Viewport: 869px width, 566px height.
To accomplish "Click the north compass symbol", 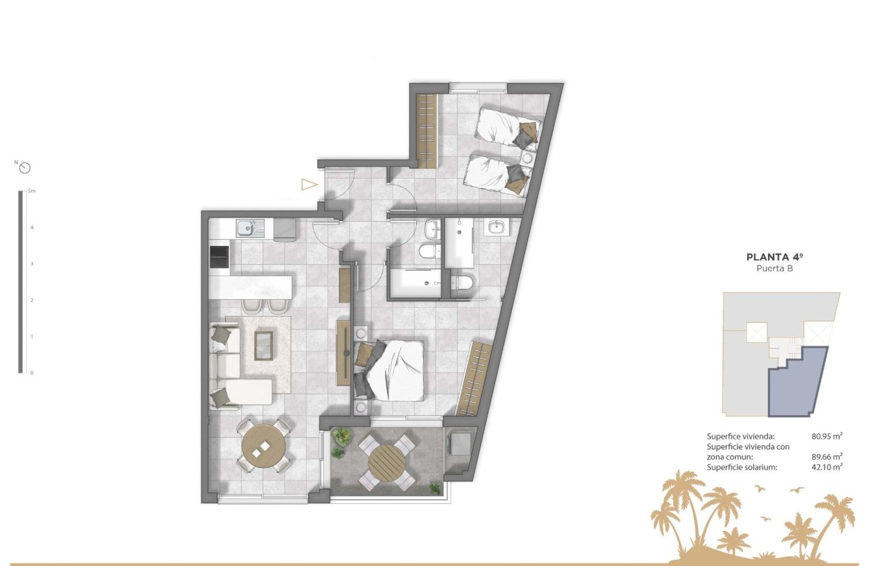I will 26,168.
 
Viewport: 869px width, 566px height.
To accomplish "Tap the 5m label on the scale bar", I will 32,192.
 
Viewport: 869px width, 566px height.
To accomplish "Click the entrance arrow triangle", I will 309,184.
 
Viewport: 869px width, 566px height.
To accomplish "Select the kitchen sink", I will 245,228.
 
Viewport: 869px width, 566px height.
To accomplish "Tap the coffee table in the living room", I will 264,345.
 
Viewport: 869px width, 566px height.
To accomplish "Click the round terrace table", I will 387,462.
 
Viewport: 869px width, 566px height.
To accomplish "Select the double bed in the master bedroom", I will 394,369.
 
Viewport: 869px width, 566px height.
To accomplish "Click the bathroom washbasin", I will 497,227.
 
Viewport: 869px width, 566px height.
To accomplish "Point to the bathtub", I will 413,283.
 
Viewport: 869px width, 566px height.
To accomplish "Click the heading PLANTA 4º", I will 776,257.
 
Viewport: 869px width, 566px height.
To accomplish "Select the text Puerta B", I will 776,268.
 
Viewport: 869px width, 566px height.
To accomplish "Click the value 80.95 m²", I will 827,436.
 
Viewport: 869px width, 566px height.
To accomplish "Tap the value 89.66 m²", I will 827,456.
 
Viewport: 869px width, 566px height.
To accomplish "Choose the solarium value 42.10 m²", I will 827,466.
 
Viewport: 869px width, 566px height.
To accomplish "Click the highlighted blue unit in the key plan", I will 795,384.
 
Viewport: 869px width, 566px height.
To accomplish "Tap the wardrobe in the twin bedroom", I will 427,131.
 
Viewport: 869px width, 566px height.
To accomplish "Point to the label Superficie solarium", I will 742,466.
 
